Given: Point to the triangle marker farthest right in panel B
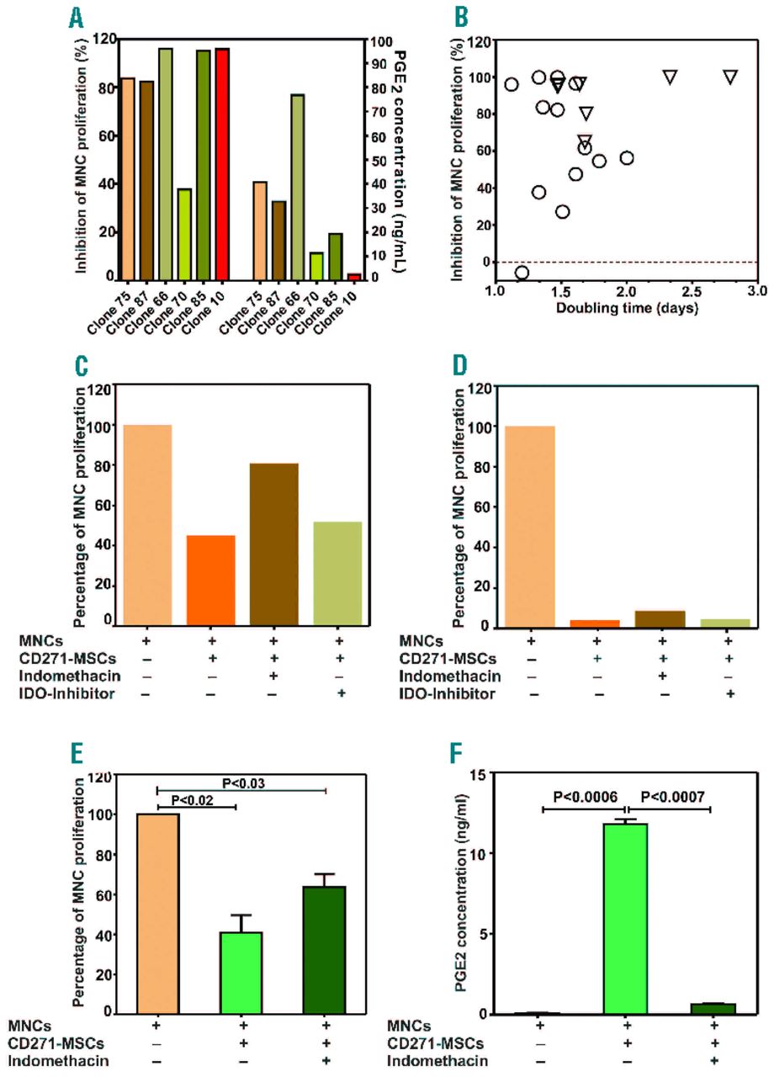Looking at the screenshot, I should (730, 77).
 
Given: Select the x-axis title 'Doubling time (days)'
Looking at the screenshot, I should (625, 308).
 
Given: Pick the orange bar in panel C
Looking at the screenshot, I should (210, 581).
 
